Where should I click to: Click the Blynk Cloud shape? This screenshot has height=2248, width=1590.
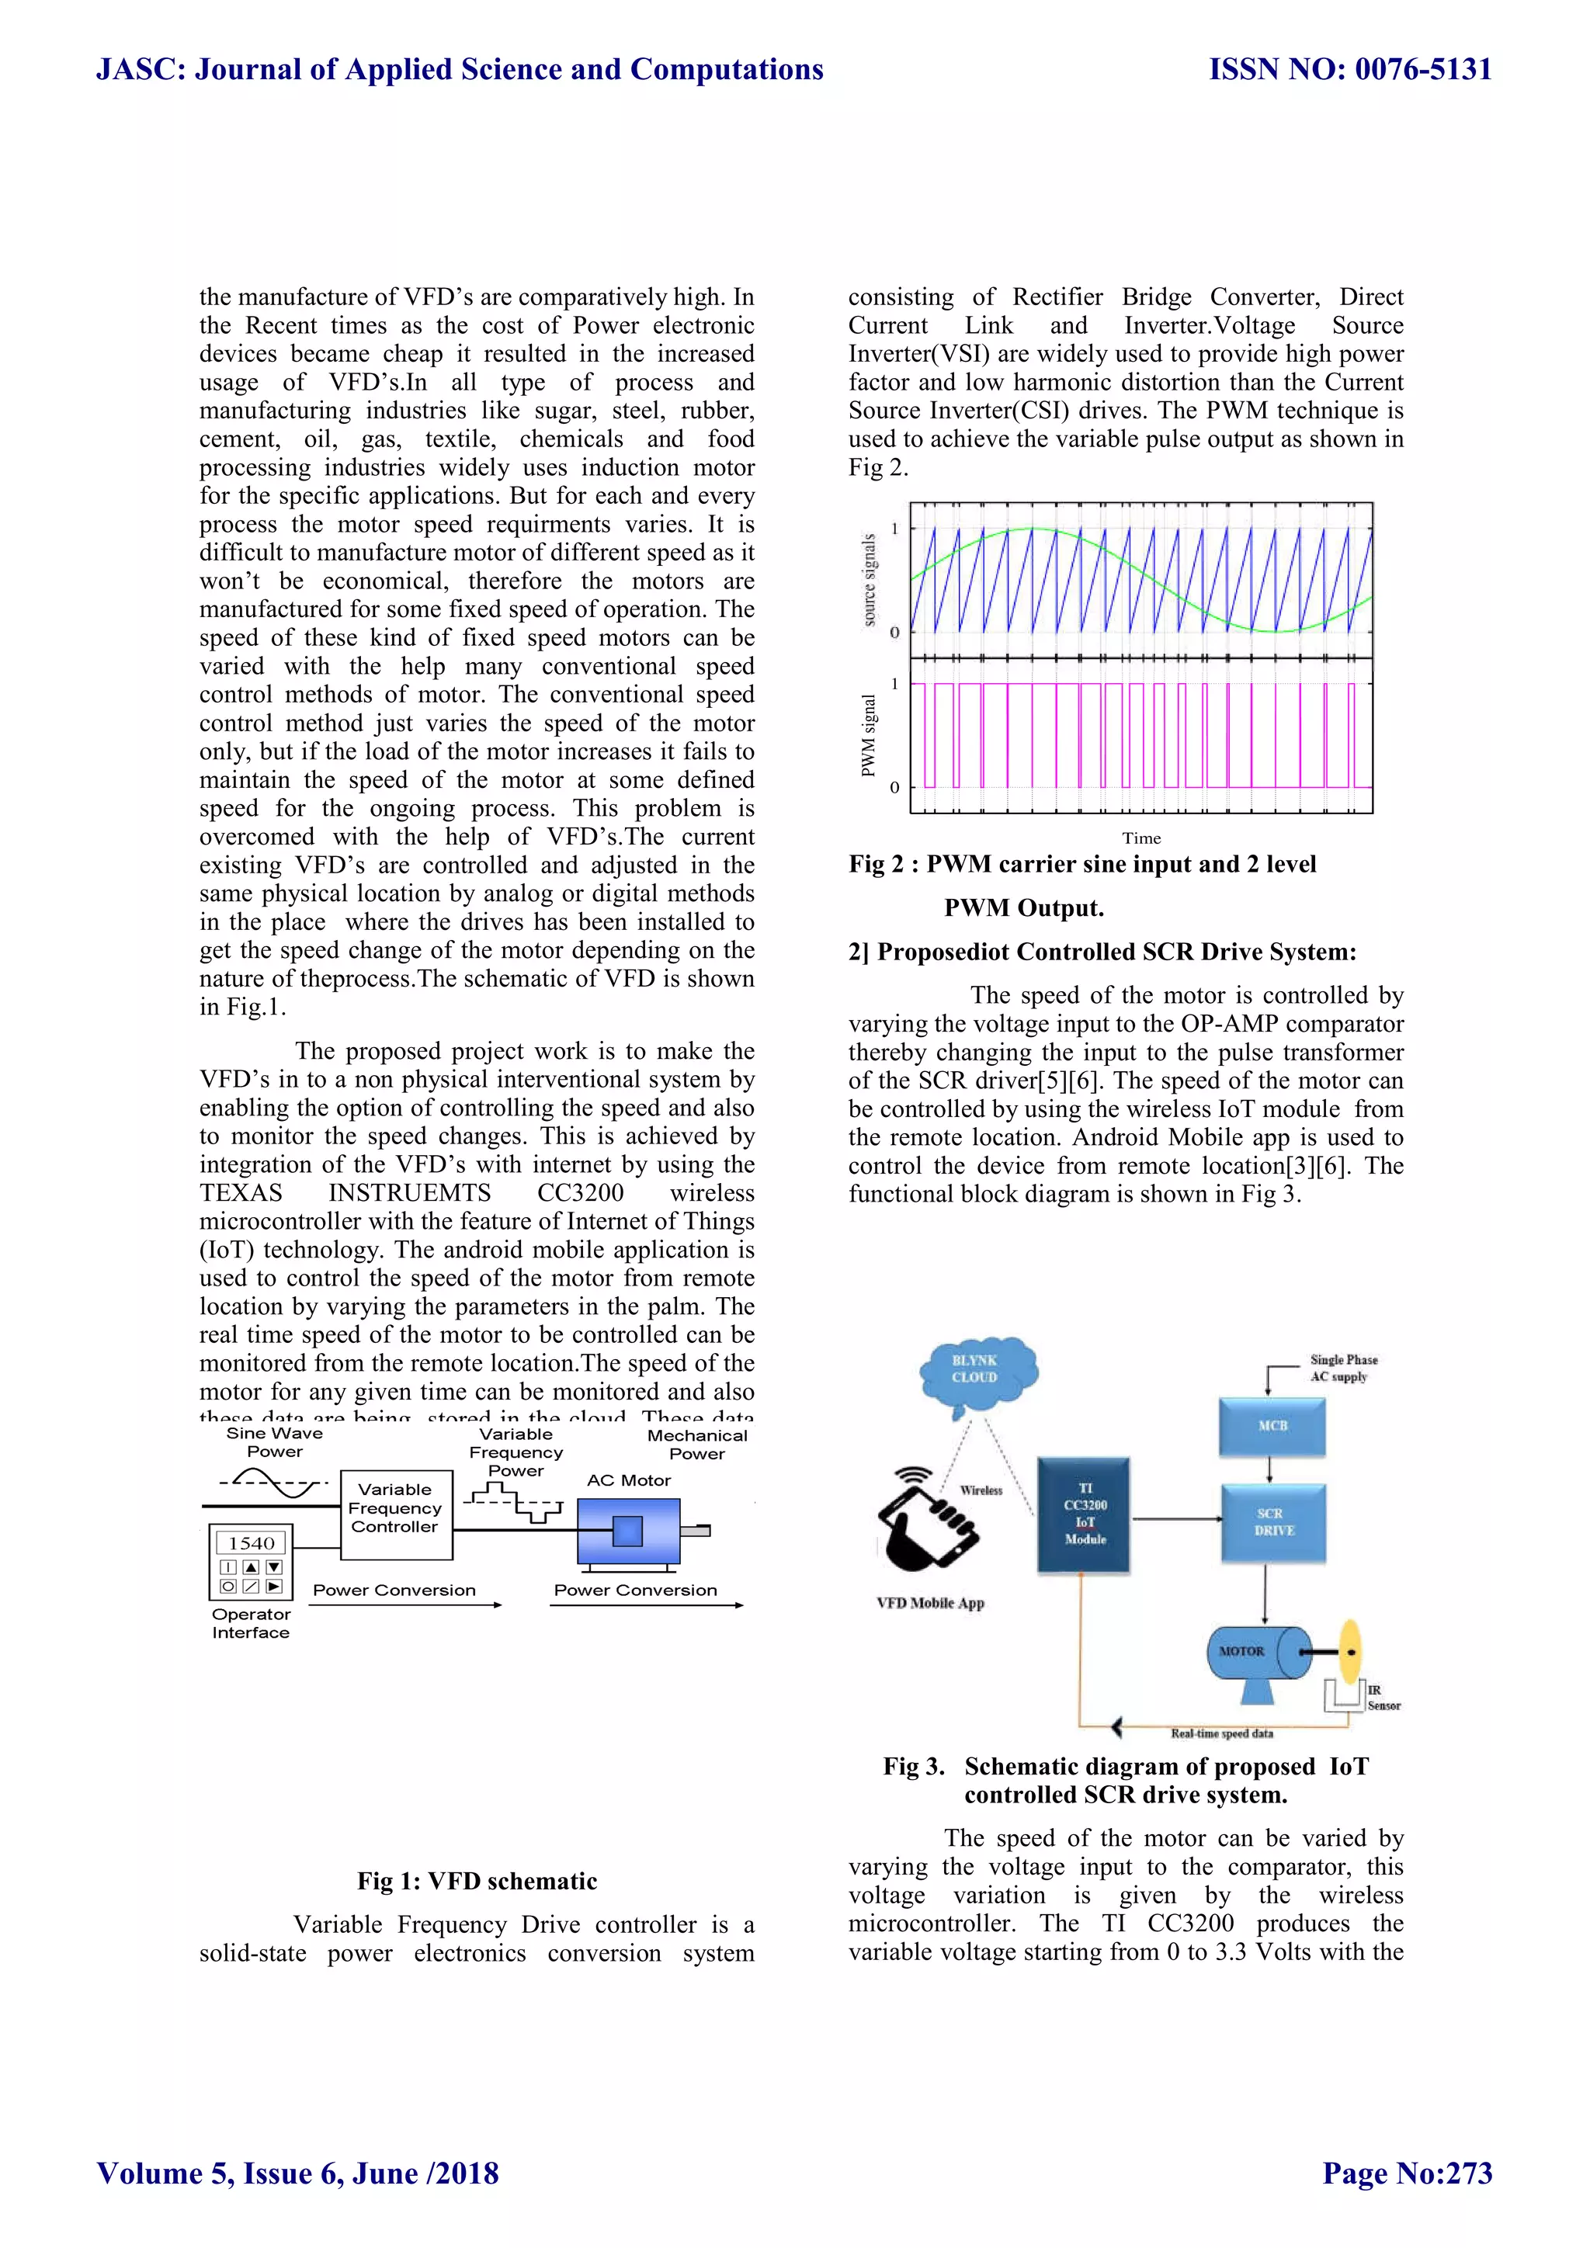tap(976, 1371)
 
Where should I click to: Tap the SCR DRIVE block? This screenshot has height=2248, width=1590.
tap(1272, 1521)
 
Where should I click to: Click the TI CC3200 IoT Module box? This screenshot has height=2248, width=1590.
tap(1084, 1514)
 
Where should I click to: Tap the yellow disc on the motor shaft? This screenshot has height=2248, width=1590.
tap(1351, 1651)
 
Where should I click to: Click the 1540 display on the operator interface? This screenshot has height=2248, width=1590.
tap(251, 1543)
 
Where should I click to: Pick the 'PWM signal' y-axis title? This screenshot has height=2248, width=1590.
tap(869, 735)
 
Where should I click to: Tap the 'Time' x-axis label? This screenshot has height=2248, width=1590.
tap(1141, 838)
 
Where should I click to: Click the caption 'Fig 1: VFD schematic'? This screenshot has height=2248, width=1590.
tap(477, 1881)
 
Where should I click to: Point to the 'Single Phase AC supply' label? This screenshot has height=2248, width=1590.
tap(1342, 1368)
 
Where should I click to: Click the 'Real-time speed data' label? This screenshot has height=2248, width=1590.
tap(1222, 1733)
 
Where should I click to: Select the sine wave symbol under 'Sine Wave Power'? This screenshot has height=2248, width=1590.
tap(275, 1483)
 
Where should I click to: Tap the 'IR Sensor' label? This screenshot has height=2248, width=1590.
tap(1383, 1698)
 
